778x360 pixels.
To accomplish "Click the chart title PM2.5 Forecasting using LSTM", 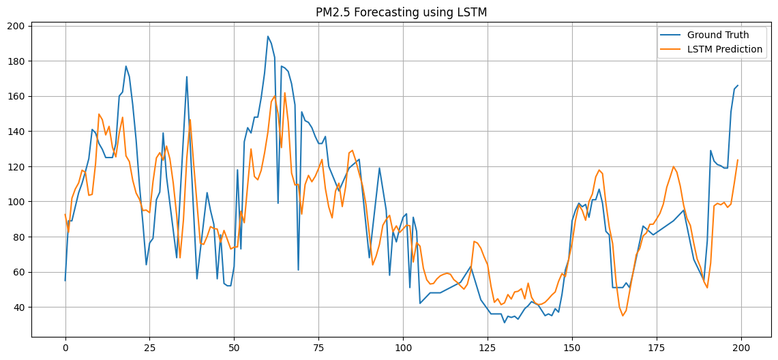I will pos(401,12).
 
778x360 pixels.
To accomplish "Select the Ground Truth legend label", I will pos(718,35).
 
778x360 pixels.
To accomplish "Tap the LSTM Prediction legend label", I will pos(725,49).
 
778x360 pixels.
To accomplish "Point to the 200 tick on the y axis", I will pos(16,26).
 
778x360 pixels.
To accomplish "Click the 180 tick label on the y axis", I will pos(16,61).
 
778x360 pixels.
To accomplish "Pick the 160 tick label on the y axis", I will pos(16,96).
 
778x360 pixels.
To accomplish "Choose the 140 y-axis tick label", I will pos(16,132).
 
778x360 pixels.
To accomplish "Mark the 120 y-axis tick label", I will pos(16,166).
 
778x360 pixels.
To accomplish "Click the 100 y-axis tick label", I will pos(16,202).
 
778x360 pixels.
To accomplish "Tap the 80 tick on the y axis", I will pos(19,237).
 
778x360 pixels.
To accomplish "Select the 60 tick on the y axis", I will pos(19,272).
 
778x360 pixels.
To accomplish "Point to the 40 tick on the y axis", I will pos(19,307).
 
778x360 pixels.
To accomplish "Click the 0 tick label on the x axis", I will pos(65,347).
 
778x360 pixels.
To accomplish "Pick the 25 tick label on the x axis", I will pos(150,347).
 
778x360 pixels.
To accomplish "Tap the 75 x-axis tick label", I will pos(318,347).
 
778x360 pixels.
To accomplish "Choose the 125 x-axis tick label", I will pos(488,347).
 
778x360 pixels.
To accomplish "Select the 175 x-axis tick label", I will pos(657,347).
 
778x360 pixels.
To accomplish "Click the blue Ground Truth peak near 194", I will pos(268,36).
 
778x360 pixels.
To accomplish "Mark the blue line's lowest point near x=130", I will pos(505,322).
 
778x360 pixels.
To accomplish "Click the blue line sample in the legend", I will pos(670,35).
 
